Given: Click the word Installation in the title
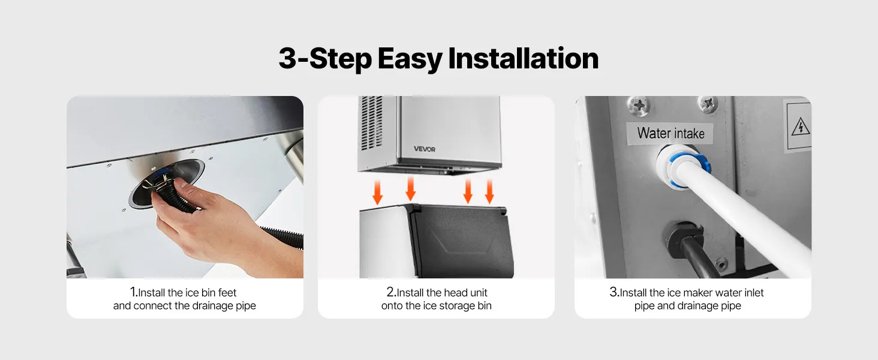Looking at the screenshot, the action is click(524, 58).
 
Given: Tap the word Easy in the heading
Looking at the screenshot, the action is click(410, 59).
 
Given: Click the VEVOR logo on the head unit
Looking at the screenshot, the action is click(425, 149).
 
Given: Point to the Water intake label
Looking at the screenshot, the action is click(670, 133).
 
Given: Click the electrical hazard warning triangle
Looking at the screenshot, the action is click(799, 127).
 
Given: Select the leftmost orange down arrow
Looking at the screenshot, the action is click(377, 192).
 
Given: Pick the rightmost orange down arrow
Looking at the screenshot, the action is click(489, 191).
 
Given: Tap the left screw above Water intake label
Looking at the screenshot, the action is click(639, 105).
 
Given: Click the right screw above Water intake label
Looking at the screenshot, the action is click(708, 104).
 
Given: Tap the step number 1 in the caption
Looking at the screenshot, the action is click(133, 292).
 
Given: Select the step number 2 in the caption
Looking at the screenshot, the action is click(391, 292).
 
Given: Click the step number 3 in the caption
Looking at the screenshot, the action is click(614, 292).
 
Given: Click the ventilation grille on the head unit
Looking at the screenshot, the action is click(371, 123).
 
